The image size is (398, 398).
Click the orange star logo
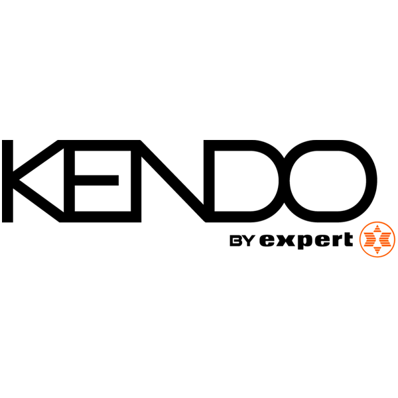[377, 239]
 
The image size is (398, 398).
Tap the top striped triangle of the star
[377, 231]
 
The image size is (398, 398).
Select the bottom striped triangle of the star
[377, 249]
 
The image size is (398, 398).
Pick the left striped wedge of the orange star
[367, 239]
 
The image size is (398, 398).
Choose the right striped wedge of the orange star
[387, 239]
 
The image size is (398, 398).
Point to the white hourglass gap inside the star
[377, 239]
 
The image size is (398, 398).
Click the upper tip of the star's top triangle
[377, 226]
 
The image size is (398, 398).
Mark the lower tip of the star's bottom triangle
[377, 254]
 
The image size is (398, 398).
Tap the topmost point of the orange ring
[377, 222]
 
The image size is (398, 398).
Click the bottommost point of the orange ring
[377, 257]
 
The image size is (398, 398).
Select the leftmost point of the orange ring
[360, 239]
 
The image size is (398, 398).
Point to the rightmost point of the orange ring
[395, 239]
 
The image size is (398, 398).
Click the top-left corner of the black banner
[3, 141]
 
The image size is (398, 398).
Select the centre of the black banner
[199, 199]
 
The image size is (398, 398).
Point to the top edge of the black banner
[199, 141]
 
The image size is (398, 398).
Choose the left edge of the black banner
[3, 199]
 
